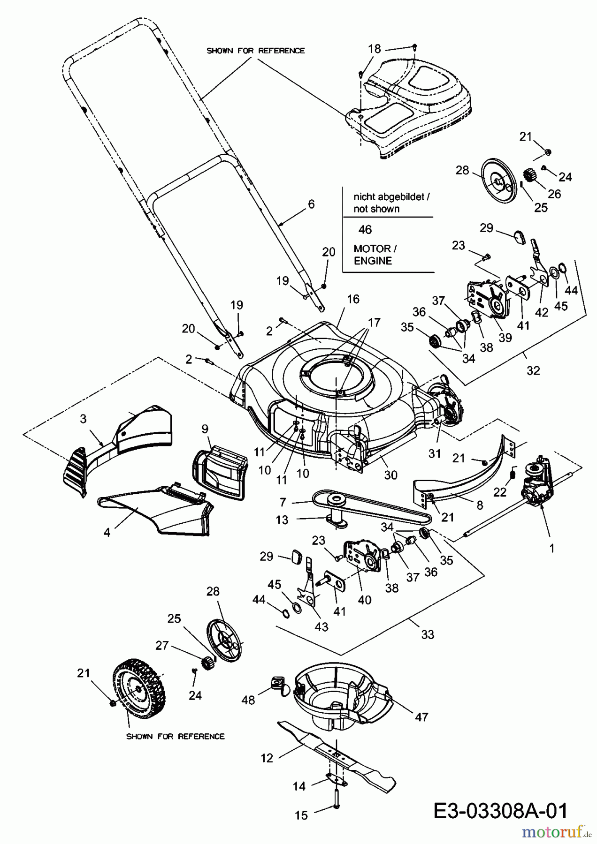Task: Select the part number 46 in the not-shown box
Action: tap(365, 229)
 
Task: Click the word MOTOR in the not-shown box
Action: tap(372, 249)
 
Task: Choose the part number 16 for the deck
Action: tap(353, 299)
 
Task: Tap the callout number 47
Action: tap(421, 717)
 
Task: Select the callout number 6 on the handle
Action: tap(311, 204)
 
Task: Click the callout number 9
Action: tap(205, 429)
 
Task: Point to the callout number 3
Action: tap(83, 419)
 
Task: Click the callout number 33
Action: tap(428, 634)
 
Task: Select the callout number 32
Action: tap(533, 370)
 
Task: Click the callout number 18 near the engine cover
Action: tap(375, 49)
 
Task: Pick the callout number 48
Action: tap(248, 700)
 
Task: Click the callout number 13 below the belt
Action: tap(282, 520)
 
